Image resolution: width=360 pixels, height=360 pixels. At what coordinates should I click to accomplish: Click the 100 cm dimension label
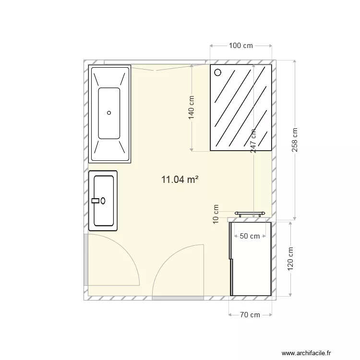(241, 46)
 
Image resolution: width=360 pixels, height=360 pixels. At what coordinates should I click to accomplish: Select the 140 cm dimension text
(192, 107)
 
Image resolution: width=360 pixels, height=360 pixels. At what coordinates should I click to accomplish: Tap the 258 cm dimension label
(295, 140)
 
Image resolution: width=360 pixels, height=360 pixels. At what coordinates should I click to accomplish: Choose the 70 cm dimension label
(250, 315)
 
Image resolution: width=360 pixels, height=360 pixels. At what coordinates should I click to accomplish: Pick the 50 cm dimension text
(250, 236)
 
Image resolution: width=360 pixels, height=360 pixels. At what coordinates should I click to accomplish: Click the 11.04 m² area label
(180, 180)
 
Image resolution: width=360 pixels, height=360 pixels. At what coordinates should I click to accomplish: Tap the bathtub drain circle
(109, 113)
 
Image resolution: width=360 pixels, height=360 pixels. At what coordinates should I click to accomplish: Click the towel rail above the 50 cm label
(250, 213)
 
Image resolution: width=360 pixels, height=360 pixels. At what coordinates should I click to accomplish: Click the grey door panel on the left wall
(85, 260)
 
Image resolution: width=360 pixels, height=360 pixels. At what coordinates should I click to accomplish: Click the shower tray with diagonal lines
(241, 107)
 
